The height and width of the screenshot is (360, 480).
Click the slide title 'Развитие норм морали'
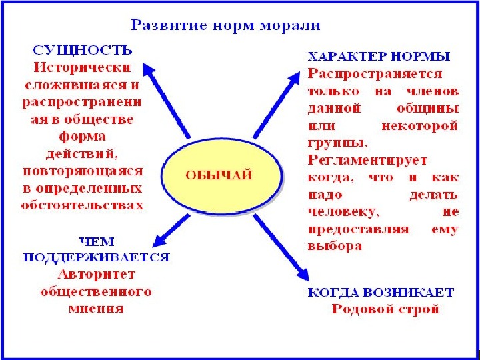[225, 26]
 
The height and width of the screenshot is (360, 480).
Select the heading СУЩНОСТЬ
[82, 51]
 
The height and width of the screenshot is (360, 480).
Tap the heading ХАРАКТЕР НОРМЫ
[378, 56]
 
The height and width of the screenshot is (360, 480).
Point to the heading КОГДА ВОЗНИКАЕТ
[381, 293]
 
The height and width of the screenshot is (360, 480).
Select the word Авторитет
[97, 274]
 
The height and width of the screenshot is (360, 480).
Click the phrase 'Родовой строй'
[385, 309]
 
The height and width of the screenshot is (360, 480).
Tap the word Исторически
[82, 67]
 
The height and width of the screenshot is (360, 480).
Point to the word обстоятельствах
[82, 205]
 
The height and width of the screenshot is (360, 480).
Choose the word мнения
[96, 309]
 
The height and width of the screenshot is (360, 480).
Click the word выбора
[335, 246]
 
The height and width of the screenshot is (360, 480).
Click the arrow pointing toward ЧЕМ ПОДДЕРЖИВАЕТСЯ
[171, 231]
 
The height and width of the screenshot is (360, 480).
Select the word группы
[337, 142]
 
